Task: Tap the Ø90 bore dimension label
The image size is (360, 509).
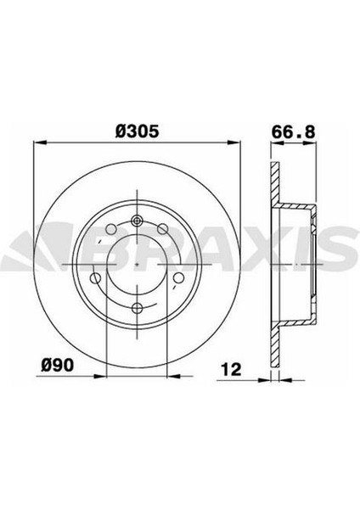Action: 57,366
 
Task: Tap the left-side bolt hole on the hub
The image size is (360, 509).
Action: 95,280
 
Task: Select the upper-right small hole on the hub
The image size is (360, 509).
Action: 161,230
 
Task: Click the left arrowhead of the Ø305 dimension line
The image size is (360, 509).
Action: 37,146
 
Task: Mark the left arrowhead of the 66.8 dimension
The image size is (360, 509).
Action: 274,146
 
